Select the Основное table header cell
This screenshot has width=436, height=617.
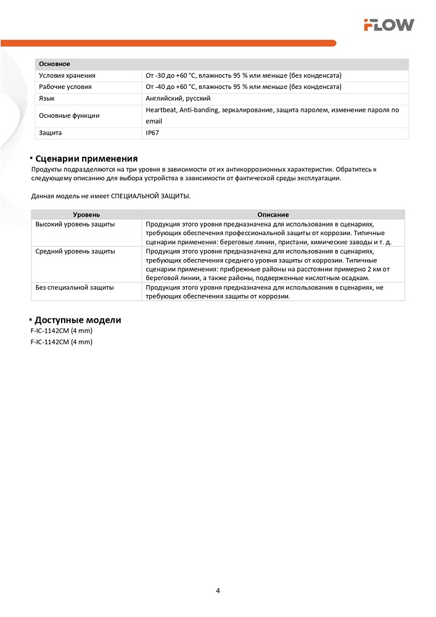click(x=54, y=64)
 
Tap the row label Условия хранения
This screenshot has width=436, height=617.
click(x=67, y=75)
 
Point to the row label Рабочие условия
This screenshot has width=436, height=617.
click(x=65, y=87)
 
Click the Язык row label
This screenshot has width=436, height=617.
click(x=46, y=98)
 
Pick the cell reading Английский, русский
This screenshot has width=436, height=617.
click(x=178, y=98)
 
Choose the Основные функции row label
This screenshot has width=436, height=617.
click(x=68, y=115)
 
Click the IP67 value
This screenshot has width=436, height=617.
click(x=152, y=133)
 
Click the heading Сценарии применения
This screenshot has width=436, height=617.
click(x=86, y=159)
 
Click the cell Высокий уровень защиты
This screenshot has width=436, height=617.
click(x=75, y=224)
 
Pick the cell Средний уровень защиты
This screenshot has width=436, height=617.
click(x=75, y=251)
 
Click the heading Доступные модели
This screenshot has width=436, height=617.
click(x=78, y=320)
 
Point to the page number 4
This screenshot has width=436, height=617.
click(x=218, y=590)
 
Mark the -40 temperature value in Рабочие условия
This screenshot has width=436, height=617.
click(x=162, y=87)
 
